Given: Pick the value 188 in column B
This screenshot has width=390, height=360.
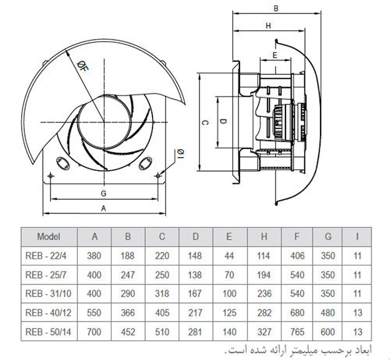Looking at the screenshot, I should point(128,256).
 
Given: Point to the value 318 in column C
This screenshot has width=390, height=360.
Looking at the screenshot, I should point(162,294).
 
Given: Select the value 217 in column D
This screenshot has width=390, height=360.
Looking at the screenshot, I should point(196,312).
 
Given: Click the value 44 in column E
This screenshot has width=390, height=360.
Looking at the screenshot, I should point(229,256).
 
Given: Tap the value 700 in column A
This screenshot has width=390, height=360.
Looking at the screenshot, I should point(94,331).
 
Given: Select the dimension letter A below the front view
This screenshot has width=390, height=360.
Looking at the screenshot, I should point(103,208).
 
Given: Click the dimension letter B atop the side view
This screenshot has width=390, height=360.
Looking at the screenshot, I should point(276,9).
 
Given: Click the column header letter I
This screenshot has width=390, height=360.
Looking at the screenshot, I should point(357,237).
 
